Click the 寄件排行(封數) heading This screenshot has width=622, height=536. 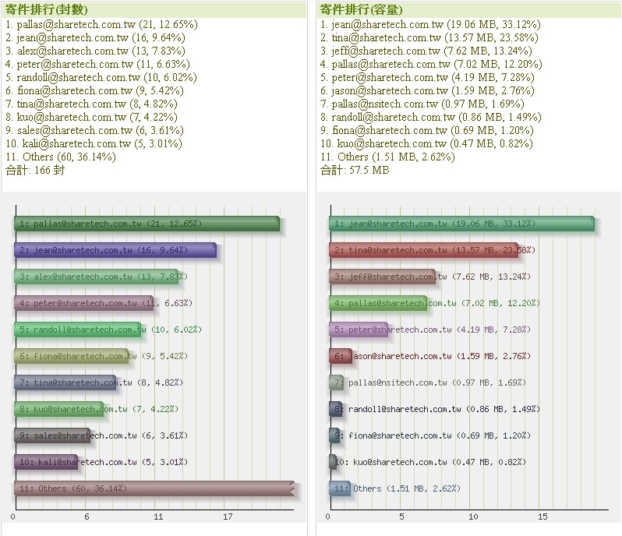(47, 10)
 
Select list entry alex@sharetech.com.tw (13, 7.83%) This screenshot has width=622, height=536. (93, 51)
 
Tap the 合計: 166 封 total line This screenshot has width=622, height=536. (35, 170)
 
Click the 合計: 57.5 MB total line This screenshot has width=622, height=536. (355, 170)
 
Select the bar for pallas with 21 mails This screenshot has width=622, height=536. (146, 224)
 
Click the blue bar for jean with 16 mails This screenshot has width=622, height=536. (115, 250)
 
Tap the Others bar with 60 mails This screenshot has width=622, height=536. (154, 488)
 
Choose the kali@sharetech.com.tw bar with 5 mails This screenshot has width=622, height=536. (46, 462)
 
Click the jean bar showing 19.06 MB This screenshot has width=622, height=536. (461, 224)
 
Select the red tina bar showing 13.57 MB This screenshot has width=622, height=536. (422, 250)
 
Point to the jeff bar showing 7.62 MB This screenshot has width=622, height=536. (382, 277)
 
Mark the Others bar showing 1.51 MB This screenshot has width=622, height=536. (340, 488)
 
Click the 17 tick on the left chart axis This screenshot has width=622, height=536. (228, 516)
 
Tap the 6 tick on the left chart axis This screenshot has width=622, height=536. (87, 516)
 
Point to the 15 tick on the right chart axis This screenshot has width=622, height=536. (543, 516)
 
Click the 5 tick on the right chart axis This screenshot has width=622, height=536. (401, 516)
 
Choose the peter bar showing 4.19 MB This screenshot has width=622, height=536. (359, 330)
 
